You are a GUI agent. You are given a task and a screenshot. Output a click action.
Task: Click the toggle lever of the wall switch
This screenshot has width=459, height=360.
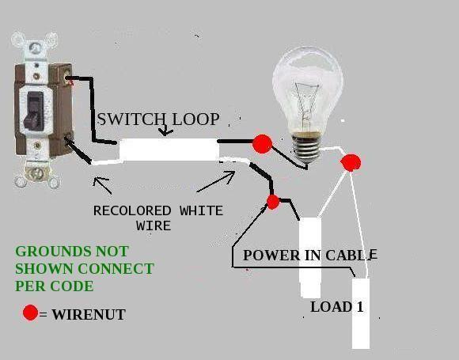pyautogui.click(x=34, y=112)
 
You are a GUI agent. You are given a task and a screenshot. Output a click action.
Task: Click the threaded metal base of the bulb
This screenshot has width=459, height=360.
pyautogui.click(x=307, y=148)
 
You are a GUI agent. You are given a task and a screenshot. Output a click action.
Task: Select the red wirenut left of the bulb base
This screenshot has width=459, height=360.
pyautogui.click(x=262, y=144)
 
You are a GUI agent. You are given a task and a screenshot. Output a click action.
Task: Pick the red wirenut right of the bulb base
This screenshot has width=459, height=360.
pyautogui.click(x=351, y=162)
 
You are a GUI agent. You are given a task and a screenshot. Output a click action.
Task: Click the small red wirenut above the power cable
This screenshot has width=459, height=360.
pyautogui.click(x=273, y=202)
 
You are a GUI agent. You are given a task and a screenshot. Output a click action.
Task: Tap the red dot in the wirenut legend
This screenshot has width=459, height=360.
pyautogui.click(x=30, y=313)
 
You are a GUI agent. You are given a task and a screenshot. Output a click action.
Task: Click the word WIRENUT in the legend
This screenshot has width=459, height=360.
pyautogui.click(x=89, y=315)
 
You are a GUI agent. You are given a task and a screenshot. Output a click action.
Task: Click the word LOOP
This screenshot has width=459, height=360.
pyautogui.click(x=195, y=119)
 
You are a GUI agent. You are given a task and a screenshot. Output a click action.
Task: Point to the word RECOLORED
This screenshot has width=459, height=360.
pyautogui.click(x=132, y=210)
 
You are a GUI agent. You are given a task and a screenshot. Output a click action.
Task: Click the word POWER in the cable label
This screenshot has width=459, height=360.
pyautogui.click(x=271, y=256)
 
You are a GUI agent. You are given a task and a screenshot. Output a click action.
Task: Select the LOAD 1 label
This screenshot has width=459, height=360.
pyautogui.click(x=337, y=307)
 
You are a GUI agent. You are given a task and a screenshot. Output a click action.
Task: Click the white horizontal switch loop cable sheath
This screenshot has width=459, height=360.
pyautogui.click(x=169, y=150)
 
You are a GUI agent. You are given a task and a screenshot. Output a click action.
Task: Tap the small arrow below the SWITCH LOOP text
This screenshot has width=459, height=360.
pyautogui.click(x=165, y=131)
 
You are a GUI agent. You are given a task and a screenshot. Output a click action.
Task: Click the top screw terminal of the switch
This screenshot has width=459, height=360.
pyautogui.click(x=66, y=77)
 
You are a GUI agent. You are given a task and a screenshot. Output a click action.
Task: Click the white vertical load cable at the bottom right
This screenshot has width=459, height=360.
pyautogui.click(x=360, y=313)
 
